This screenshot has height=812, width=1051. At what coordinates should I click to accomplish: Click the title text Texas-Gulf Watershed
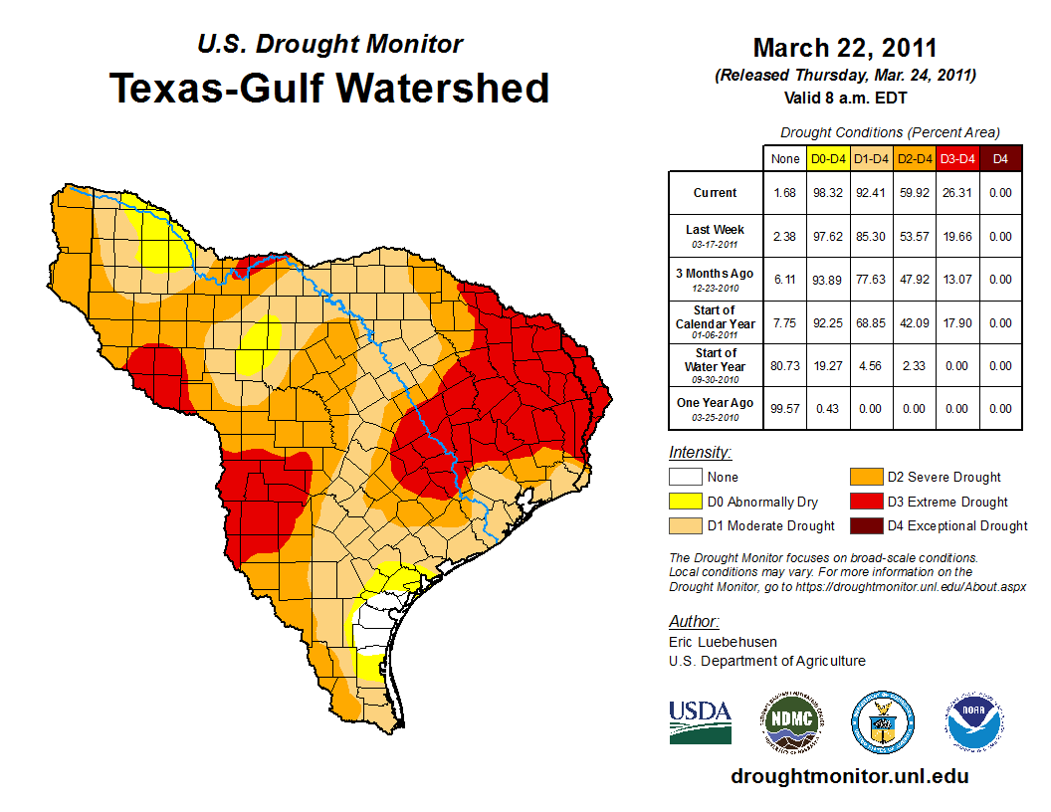click(x=328, y=88)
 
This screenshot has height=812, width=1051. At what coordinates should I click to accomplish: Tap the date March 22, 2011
click(x=844, y=48)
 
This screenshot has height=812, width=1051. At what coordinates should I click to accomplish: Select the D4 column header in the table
click(x=1001, y=158)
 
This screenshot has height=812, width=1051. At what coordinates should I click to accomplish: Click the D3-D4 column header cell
click(x=957, y=158)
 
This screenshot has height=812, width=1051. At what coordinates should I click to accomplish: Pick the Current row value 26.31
click(x=957, y=193)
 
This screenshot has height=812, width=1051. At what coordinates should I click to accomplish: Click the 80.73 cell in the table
click(x=785, y=366)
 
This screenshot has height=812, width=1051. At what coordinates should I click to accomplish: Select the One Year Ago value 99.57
click(x=785, y=409)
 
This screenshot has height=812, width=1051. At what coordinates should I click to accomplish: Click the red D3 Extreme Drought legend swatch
click(x=864, y=502)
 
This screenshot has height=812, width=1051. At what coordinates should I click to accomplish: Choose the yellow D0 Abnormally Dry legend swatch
click(x=685, y=502)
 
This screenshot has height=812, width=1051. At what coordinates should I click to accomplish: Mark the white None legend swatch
click(x=685, y=478)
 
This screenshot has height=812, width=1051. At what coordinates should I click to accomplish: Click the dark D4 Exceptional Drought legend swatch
click(x=864, y=525)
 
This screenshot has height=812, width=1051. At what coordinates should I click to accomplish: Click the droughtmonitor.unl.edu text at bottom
click(x=849, y=776)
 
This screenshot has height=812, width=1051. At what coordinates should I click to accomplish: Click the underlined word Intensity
click(x=700, y=453)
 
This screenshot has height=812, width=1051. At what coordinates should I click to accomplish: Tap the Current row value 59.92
click(x=915, y=193)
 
